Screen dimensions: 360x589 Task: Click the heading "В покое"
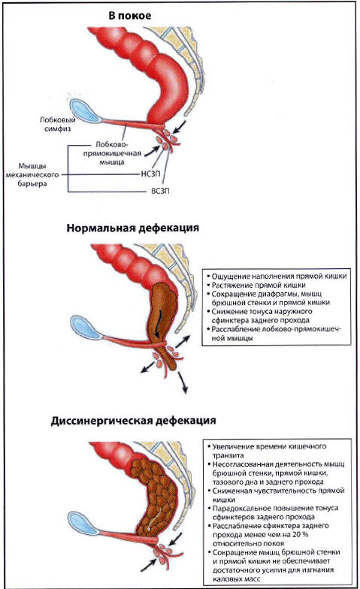tap(129, 16)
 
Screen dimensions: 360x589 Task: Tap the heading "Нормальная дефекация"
tap(132, 228)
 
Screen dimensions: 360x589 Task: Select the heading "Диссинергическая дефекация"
tap(134, 421)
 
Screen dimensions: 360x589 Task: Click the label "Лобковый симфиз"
tap(57, 124)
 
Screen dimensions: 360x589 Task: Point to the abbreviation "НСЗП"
tap(150, 174)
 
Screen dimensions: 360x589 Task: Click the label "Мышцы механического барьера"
tap(32, 174)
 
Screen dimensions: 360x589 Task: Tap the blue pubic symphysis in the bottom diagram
tap(83, 523)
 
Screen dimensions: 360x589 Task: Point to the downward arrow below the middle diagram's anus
tap(183, 382)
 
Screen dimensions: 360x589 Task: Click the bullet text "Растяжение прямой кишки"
tap(259, 285)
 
